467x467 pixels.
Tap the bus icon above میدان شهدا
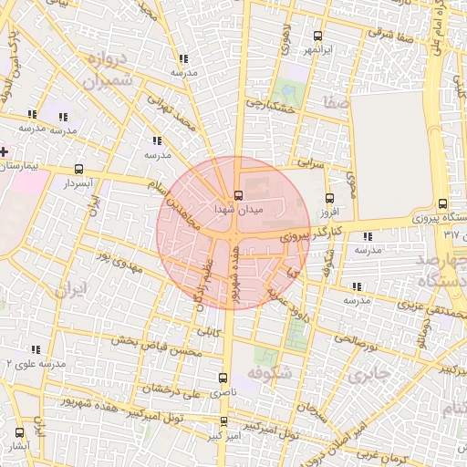click(238, 194)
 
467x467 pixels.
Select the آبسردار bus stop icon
click(79, 170)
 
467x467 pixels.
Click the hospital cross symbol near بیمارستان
click(5, 151)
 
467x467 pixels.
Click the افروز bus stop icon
click(329, 195)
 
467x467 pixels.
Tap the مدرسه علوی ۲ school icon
click(36, 349)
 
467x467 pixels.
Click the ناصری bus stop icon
click(224, 377)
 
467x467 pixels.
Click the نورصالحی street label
click(353, 342)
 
